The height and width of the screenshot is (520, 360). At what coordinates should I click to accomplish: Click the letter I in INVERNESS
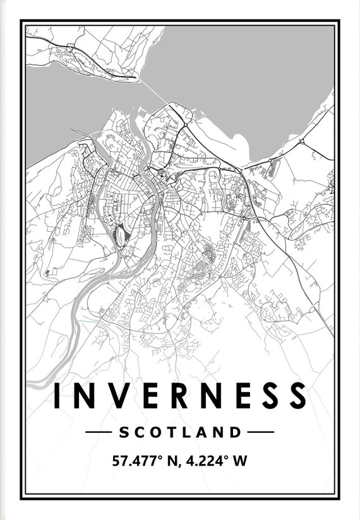[57, 395]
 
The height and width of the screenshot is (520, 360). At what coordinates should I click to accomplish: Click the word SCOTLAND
[180, 432]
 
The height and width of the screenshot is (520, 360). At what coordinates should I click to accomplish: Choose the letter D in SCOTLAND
[236, 432]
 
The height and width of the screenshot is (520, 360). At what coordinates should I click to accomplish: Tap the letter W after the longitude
[240, 461]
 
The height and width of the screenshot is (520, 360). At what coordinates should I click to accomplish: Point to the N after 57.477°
[170, 461]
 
